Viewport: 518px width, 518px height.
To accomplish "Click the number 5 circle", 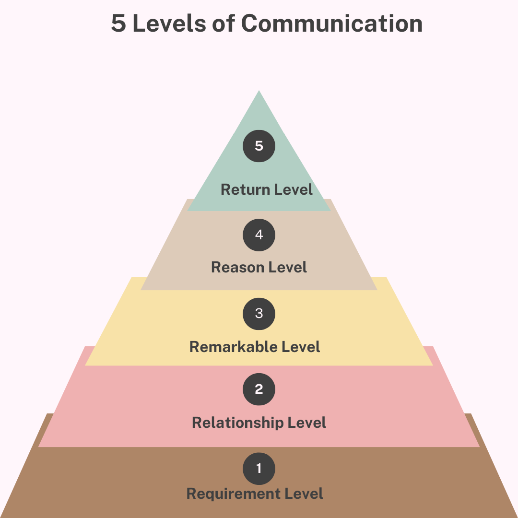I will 259,146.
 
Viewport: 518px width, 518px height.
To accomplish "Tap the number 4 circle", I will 259,235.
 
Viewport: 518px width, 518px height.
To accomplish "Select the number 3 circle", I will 259,314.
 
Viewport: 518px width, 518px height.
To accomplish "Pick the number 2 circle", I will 259,389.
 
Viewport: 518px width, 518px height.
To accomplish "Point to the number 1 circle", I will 259,468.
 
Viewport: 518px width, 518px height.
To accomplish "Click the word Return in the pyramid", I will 246,189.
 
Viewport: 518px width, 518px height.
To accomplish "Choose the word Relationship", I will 238,423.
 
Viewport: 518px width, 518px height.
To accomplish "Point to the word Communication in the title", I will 332,24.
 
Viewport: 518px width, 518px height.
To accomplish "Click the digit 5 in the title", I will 118,24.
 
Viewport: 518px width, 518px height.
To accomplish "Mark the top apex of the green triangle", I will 259,91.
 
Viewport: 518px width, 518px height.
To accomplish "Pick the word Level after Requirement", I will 303,493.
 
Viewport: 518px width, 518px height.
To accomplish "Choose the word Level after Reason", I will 286,267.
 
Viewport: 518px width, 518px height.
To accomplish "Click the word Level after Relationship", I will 306,423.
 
